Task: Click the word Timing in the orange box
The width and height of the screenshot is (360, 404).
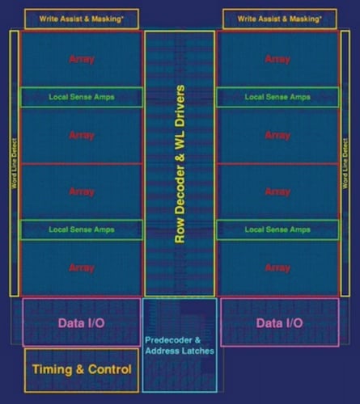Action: (52, 369)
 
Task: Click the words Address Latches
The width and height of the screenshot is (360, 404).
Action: (180, 351)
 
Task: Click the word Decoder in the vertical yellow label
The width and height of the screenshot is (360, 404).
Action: (180, 191)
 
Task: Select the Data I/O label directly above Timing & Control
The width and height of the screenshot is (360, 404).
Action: (82, 323)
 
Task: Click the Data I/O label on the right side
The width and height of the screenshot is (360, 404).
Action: (279, 323)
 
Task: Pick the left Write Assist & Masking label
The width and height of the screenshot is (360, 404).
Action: (82, 19)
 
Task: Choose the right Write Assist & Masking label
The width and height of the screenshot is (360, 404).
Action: (279, 19)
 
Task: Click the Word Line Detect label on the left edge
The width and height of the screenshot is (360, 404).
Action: (15, 163)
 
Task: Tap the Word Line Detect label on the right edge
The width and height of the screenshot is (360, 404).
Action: (345, 163)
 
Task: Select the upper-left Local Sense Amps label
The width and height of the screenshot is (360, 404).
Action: (82, 97)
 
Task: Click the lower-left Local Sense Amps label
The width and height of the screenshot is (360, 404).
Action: (82, 229)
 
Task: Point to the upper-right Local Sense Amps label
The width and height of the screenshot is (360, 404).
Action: (277, 97)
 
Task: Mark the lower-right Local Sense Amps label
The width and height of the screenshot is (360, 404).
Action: (277, 229)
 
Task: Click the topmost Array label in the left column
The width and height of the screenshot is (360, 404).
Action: (82, 59)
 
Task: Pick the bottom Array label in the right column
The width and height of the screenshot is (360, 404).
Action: (277, 268)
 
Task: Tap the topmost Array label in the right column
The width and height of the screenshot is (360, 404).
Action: (277, 59)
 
